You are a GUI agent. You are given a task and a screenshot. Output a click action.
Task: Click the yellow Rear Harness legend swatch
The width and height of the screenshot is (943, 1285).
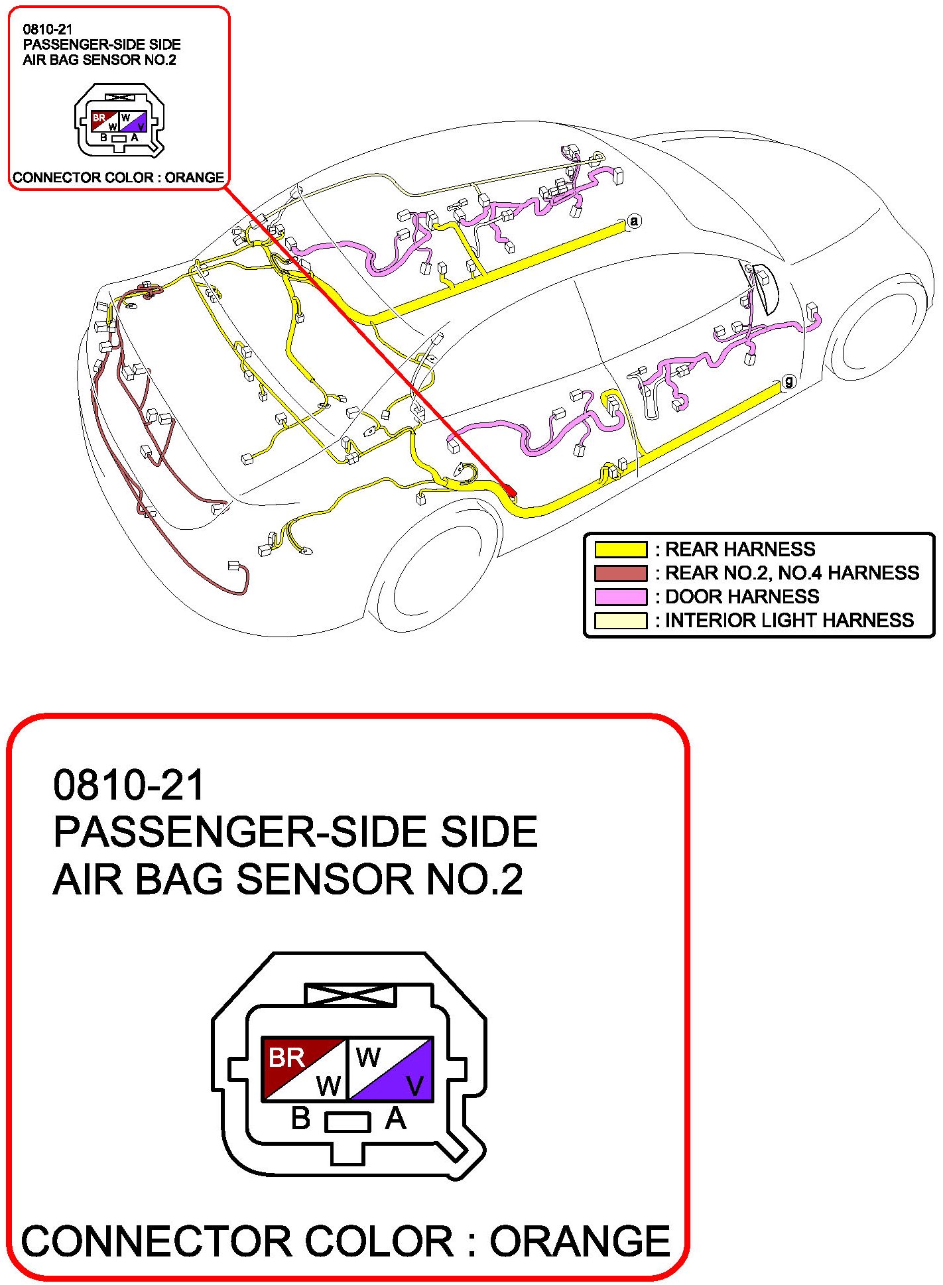(620, 549)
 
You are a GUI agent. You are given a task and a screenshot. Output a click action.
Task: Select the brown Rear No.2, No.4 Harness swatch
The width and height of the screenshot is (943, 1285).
(620, 573)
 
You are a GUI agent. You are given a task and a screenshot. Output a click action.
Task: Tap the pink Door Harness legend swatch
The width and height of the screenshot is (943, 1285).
(620, 597)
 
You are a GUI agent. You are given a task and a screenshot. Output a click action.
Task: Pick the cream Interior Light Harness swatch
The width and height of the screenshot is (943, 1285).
(620, 621)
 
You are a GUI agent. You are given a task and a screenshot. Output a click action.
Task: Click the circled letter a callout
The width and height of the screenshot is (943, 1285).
(635, 221)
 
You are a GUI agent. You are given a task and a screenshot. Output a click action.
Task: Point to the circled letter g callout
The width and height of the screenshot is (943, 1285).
(788, 382)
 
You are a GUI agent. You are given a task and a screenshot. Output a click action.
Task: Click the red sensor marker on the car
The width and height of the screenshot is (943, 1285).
(510, 490)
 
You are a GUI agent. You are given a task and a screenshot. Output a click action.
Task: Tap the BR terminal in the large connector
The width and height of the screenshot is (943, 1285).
(286, 1057)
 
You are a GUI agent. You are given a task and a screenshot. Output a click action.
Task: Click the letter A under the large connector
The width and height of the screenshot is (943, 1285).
(395, 1119)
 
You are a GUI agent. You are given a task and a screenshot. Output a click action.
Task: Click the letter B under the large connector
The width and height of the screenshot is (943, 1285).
(300, 1119)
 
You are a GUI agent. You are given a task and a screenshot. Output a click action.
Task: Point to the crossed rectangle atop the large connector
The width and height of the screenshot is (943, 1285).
(349, 995)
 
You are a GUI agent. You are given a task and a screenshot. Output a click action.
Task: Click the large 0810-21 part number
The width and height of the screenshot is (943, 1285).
(129, 785)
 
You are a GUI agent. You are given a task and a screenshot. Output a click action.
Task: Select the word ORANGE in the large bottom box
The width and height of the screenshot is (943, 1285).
(580, 1241)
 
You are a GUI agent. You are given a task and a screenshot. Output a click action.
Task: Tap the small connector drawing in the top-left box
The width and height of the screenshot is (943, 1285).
(119, 121)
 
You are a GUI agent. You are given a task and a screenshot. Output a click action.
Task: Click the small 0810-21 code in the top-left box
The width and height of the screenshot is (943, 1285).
(48, 29)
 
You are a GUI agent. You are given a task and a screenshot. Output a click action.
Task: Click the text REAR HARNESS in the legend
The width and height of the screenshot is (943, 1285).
(740, 549)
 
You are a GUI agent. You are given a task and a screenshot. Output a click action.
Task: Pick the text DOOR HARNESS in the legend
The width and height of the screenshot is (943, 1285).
(742, 597)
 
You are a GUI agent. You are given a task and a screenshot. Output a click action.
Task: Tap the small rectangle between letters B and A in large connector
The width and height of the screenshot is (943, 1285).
(347, 1122)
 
